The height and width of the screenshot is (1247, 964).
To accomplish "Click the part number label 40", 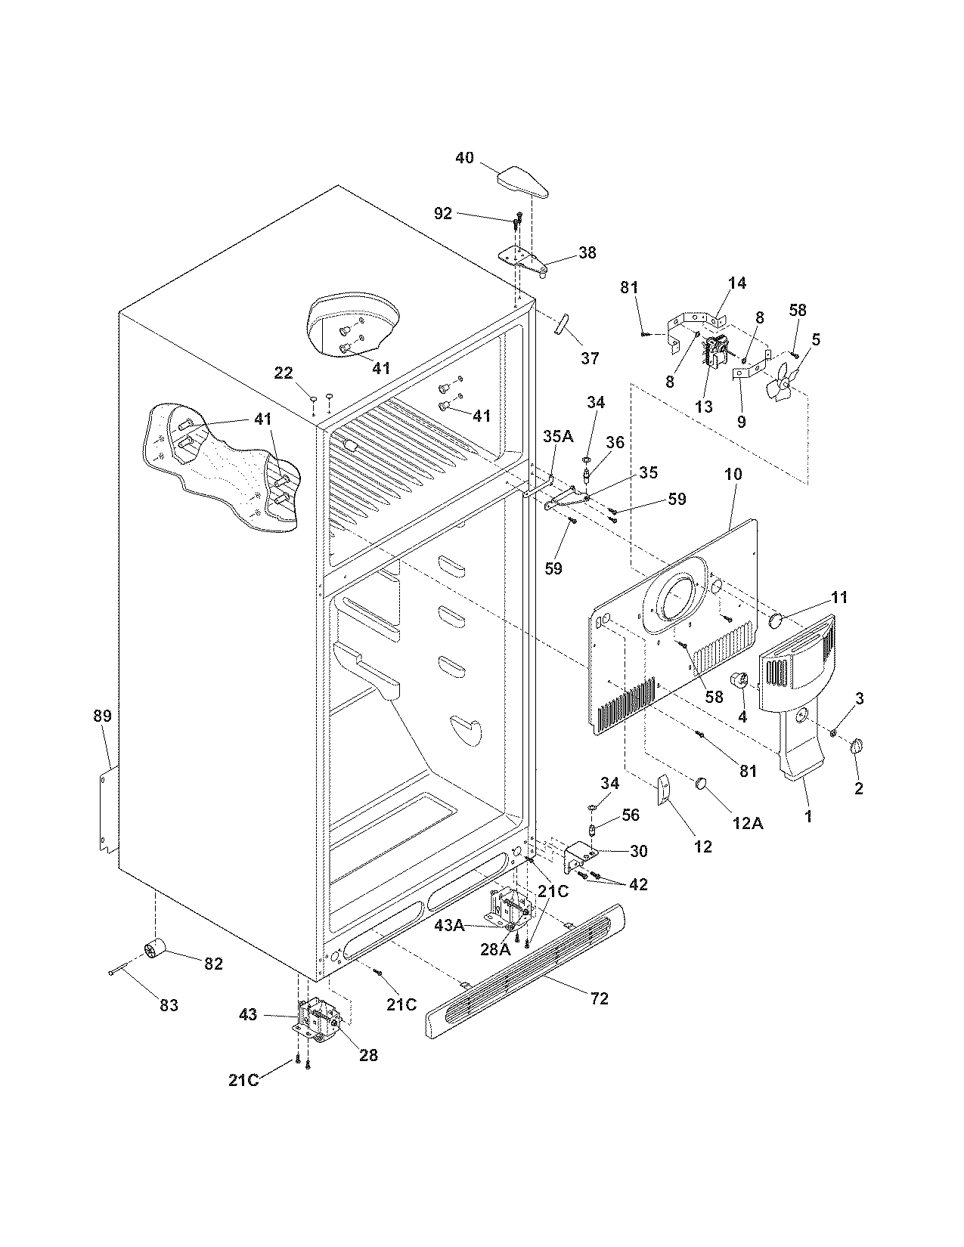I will pyautogui.click(x=464, y=158).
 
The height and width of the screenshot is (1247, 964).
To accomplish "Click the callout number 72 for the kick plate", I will pyautogui.click(x=599, y=998).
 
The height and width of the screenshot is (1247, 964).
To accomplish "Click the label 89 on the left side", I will pyautogui.click(x=102, y=716).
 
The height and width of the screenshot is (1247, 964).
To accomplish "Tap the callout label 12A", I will pyautogui.click(x=747, y=824).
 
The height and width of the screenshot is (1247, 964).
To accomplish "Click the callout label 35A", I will pyautogui.click(x=558, y=437).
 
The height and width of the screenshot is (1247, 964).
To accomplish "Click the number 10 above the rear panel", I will pyautogui.click(x=733, y=475).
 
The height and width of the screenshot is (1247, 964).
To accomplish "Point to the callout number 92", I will pyautogui.click(x=442, y=214).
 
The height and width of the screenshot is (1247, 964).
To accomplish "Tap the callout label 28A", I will pyautogui.click(x=496, y=949).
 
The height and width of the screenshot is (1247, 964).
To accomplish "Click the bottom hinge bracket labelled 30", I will pyautogui.click(x=583, y=856).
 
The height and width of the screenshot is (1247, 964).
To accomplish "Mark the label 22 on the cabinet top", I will pyautogui.click(x=284, y=373).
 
